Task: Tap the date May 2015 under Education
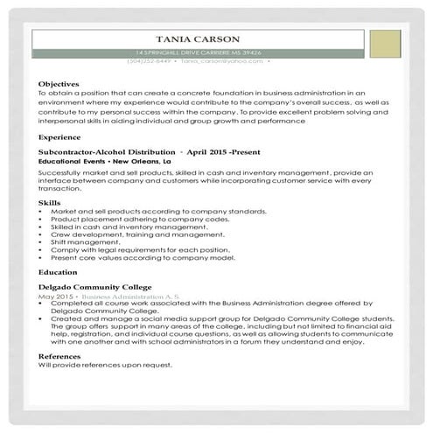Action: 55,296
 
